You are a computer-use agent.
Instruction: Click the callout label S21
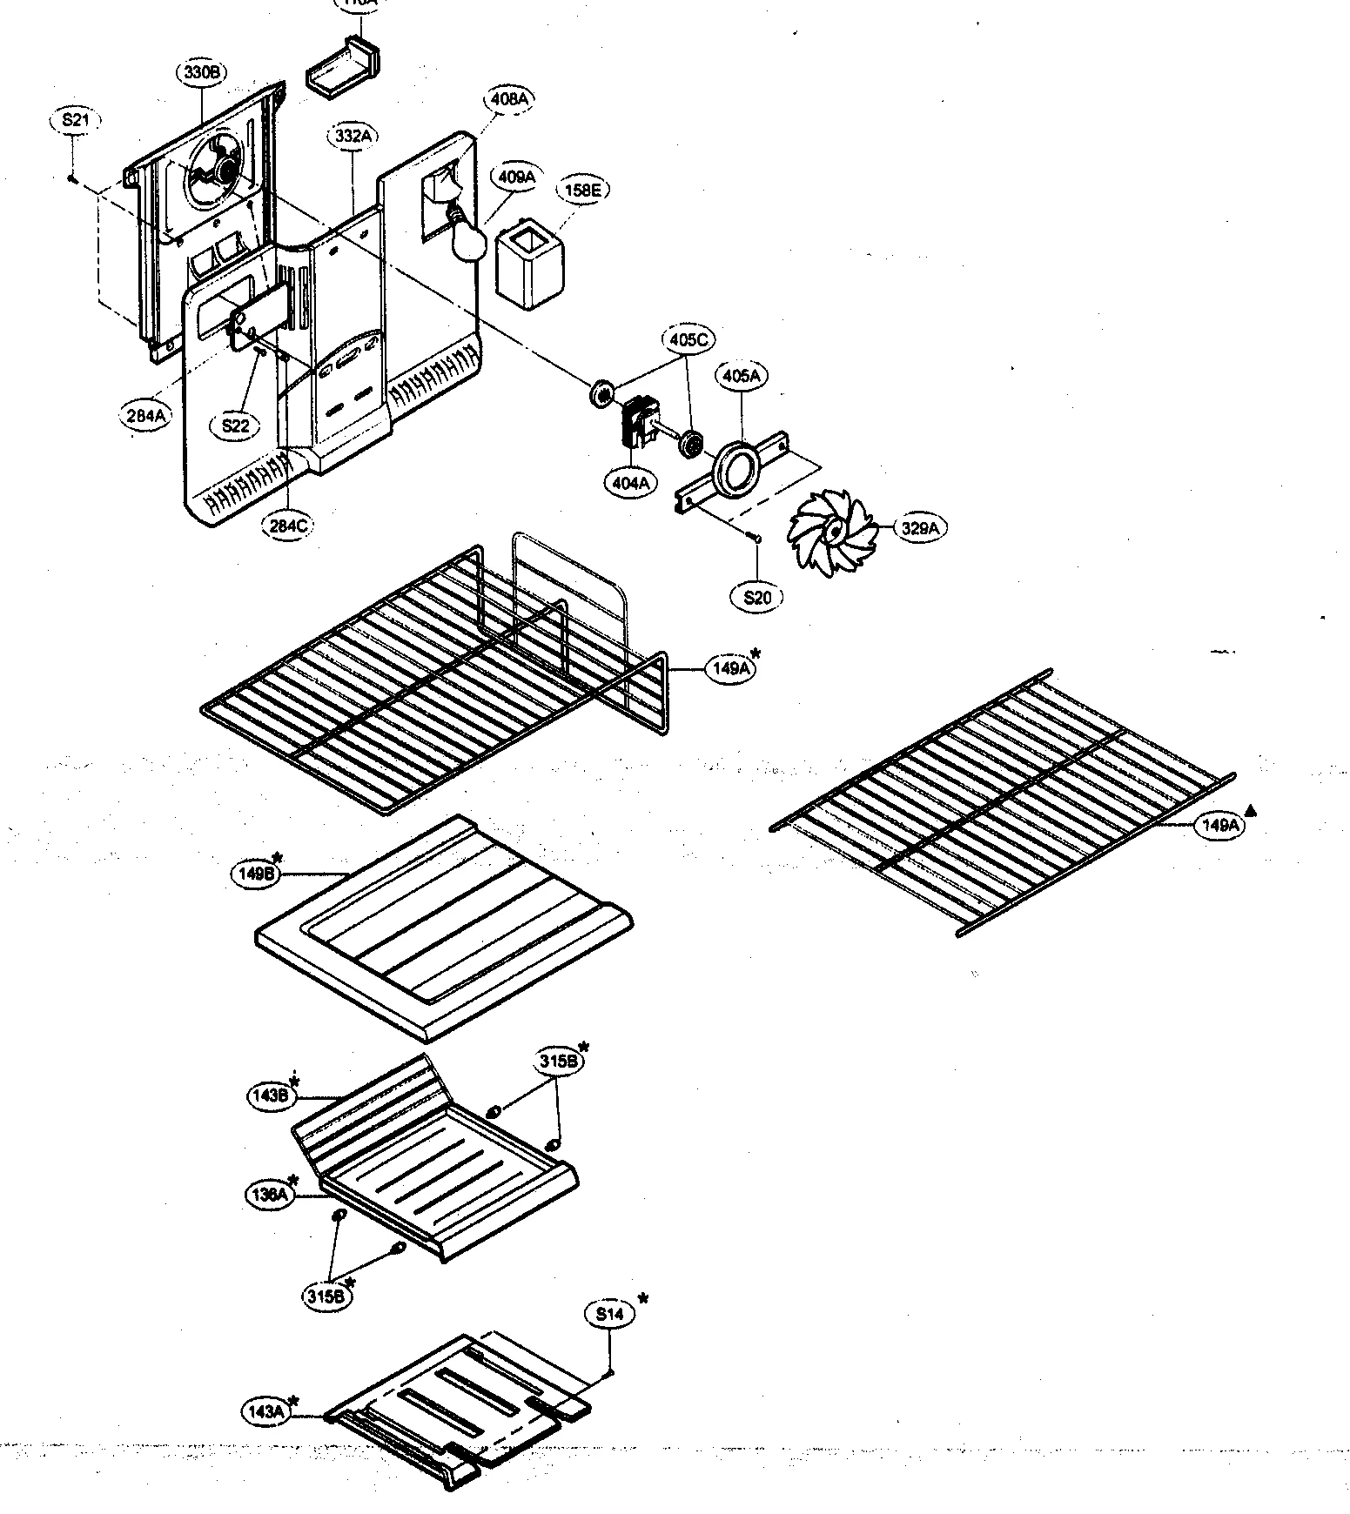pos(75,121)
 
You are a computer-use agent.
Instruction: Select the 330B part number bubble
pos(201,73)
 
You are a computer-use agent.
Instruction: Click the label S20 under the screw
pos(756,597)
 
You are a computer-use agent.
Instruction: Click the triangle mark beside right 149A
pos(1251,811)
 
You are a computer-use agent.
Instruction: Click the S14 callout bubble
pos(610,1314)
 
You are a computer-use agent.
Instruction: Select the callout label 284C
pos(288,525)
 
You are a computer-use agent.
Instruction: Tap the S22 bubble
pos(236,425)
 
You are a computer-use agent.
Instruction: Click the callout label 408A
pos(509,99)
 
